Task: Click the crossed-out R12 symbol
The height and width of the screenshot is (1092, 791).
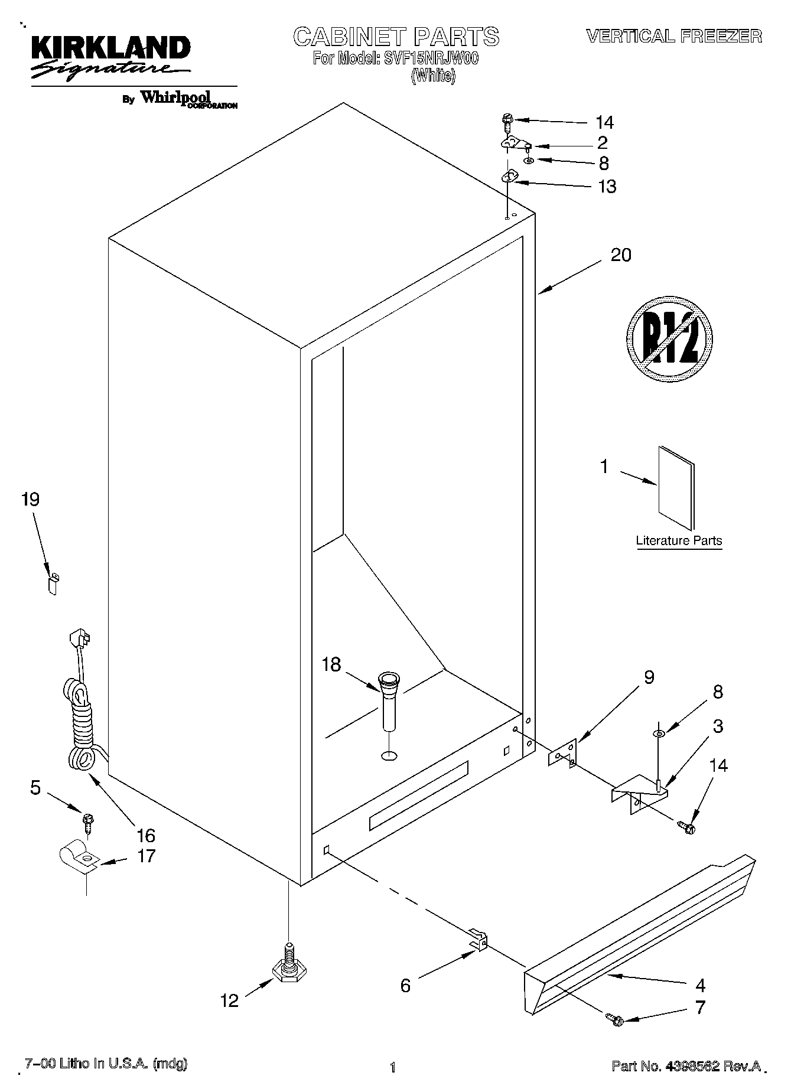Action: (669, 343)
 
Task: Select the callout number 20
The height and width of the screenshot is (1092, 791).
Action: (620, 255)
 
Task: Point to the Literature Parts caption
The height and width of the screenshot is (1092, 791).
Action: (679, 540)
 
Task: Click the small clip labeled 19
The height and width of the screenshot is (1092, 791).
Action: (53, 584)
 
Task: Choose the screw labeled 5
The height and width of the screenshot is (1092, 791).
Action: (89, 822)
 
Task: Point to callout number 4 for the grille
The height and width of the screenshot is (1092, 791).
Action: (700, 985)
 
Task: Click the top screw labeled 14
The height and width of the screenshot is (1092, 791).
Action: (507, 120)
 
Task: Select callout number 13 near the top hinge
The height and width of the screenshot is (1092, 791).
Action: (607, 187)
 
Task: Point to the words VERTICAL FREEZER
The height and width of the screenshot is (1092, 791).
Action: (673, 37)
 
